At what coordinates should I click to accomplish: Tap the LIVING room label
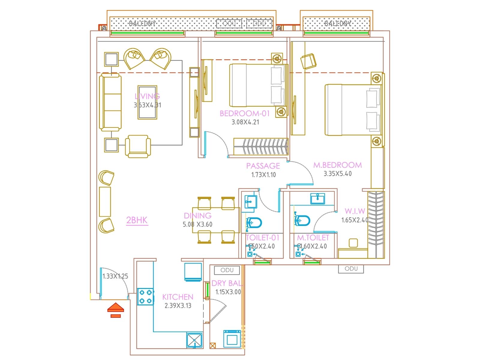click(x=147, y=96)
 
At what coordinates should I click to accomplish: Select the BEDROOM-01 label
click(x=244, y=113)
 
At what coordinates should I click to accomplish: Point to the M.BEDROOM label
click(x=337, y=165)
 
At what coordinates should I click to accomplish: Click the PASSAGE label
click(x=263, y=166)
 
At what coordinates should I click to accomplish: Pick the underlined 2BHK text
click(x=137, y=220)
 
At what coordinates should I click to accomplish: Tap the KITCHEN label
click(x=178, y=297)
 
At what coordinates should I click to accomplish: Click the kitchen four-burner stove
click(x=145, y=297)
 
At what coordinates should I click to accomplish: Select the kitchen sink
click(x=194, y=340)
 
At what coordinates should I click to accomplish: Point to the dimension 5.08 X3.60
click(x=197, y=224)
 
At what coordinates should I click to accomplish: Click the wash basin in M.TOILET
click(x=318, y=199)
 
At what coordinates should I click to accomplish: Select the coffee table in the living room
click(x=147, y=103)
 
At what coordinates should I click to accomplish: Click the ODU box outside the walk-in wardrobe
click(x=351, y=269)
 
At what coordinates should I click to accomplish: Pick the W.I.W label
click(x=355, y=211)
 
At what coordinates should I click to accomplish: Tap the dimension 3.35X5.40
click(x=337, y=174)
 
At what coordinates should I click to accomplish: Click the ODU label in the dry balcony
click(x=227, y=270)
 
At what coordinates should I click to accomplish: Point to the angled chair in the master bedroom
click(x=308, y=61)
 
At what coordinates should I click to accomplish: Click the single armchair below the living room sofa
click(x=138, y=146)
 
